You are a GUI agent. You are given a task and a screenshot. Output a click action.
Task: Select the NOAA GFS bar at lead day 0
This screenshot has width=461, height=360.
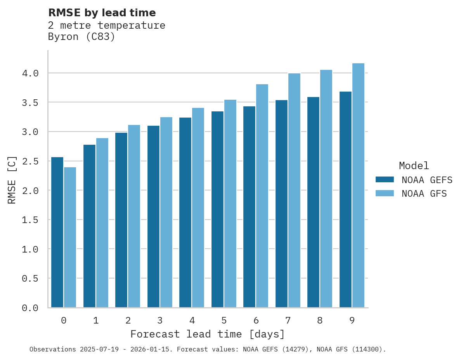[70, 237]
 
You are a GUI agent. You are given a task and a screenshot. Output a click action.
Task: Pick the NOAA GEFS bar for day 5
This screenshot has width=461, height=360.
[217, 209]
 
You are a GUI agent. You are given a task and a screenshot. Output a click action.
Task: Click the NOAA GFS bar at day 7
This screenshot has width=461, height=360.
[294, 190]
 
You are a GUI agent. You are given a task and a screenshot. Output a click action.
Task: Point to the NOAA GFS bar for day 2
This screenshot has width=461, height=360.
[134, 216]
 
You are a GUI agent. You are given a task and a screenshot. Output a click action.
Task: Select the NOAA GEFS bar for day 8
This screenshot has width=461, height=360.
[313, 202]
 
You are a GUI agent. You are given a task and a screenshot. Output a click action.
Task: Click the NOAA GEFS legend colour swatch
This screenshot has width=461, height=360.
[385, 180]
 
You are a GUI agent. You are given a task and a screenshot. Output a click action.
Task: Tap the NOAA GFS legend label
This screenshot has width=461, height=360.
[424, 194]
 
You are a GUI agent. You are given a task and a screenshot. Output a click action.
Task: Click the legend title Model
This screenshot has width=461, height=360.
[414, 166]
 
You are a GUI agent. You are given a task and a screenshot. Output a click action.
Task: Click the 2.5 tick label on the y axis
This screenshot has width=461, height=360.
[30, 161]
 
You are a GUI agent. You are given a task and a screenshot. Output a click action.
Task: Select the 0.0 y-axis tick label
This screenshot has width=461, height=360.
[30, 308]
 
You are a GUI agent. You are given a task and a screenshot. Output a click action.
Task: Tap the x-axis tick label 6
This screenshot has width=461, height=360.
[256, 320]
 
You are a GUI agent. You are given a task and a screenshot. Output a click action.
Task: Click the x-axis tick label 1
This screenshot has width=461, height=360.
[96, 320]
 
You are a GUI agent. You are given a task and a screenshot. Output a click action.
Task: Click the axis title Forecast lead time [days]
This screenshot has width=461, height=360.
[208, 334]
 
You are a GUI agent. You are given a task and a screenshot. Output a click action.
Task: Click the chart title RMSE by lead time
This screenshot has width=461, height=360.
[102, 13]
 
